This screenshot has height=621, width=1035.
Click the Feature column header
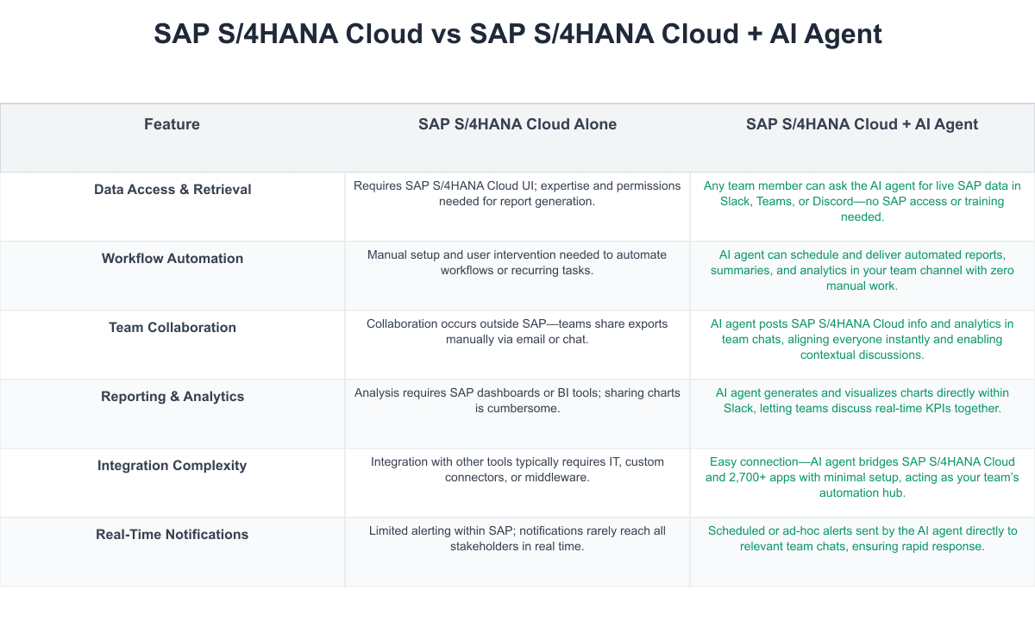click(172, 124)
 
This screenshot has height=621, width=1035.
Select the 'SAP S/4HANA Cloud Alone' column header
click(517, 124)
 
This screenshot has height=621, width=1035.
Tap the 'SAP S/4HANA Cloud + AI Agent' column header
click(862, 124)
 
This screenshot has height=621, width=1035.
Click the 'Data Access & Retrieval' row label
click(172, 190)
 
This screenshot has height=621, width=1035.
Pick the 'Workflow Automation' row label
click(172, 259)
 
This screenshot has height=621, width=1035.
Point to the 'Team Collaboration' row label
click(172, 328)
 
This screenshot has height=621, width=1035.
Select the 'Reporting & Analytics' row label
click(172, 397)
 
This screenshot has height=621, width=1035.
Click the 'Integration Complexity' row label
click(172, 466)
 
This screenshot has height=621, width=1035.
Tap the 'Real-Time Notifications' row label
click(172, 535)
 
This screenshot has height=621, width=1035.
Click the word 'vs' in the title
click(448, 34)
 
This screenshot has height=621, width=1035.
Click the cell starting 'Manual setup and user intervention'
click(517, 262)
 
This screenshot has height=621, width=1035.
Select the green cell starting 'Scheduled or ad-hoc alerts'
click(862, 538)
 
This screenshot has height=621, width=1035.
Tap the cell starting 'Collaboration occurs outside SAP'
click(517, 331)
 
